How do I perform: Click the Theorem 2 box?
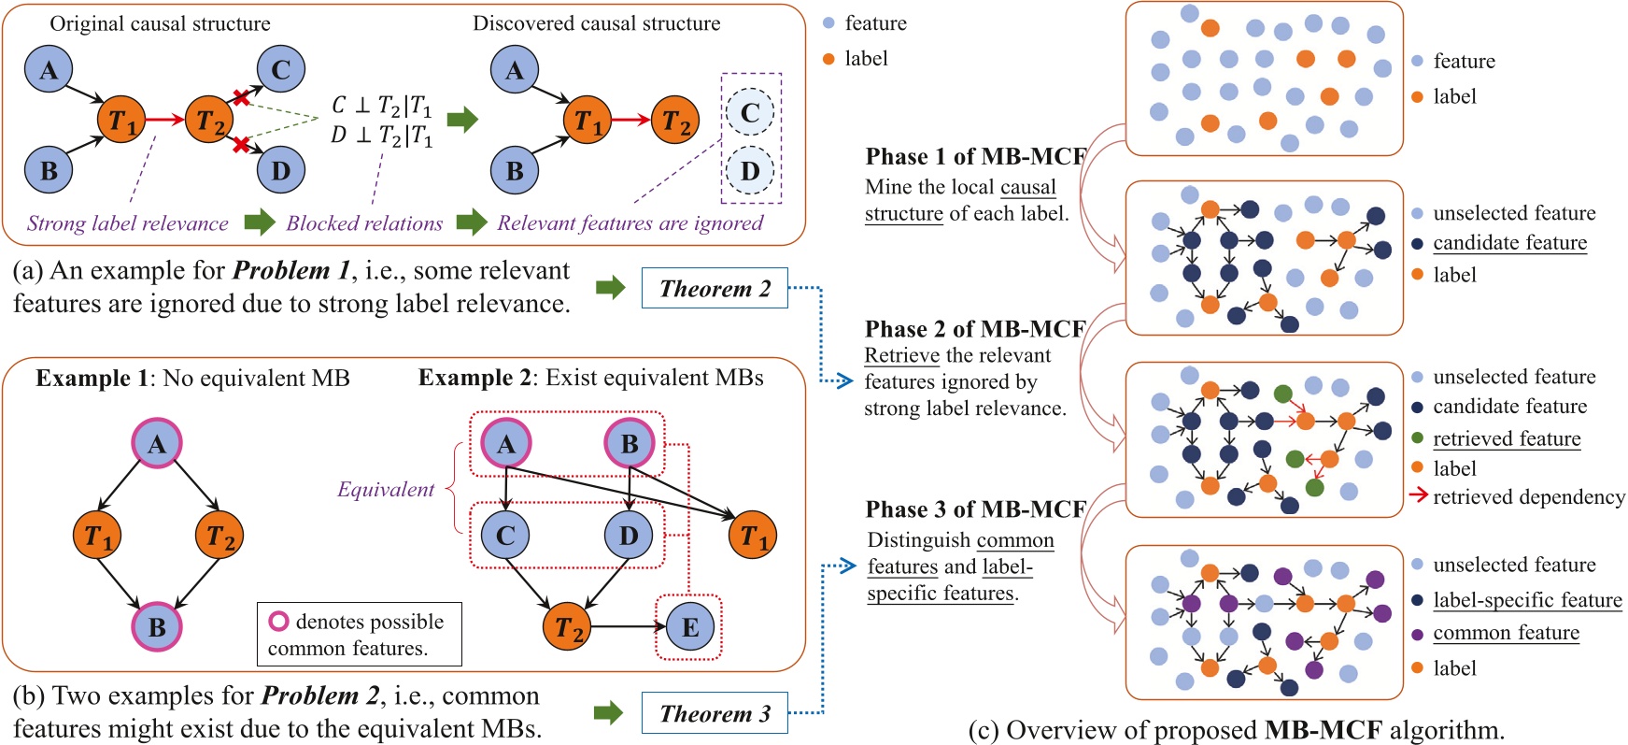[715, 289]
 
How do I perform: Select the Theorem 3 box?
[715, 714]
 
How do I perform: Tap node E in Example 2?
[690, 626]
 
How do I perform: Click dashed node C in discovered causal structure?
[750, 113]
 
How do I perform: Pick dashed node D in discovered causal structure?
[750, 171]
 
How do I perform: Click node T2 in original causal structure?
[211, 121]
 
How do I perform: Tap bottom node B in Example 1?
[157, 626]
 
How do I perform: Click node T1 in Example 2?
[754, 535]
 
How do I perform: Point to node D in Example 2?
[629, 535]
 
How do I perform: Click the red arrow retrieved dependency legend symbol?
[1418, 496]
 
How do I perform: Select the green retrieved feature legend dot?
[1418, 438]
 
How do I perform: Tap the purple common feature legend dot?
[1418, 635]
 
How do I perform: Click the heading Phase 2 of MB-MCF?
[975, 329]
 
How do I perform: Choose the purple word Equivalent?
[386, 489]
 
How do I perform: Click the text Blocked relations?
[364, 223]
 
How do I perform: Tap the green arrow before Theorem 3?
[608, 713]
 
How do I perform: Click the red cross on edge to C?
[241, 97]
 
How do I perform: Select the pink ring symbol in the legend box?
[278, 622]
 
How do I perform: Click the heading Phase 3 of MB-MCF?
[975, 509]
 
